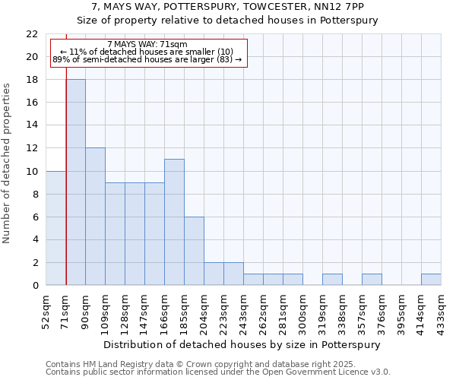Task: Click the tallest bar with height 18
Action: pyautogui.click(x=76, y=182)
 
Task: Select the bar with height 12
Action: pyautogui.click(x=96, y=217)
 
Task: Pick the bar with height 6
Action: pyautogui.click(x=194, y=251)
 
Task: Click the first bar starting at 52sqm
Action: pyautogui.click(x=56, y=228)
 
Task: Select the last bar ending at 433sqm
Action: pyautogui.click(x=431, y=280)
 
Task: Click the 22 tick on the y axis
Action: pyautogui.click(x=32, y=34)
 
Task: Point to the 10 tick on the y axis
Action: pyautogui.click(x=32, y=171)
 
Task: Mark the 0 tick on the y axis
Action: pyautogui.click(x=34, y=286)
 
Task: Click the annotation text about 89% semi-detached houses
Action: pyautogui.click(x=147, y=59)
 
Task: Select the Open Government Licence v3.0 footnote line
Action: pyautogui.click(x=218, y=372)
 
